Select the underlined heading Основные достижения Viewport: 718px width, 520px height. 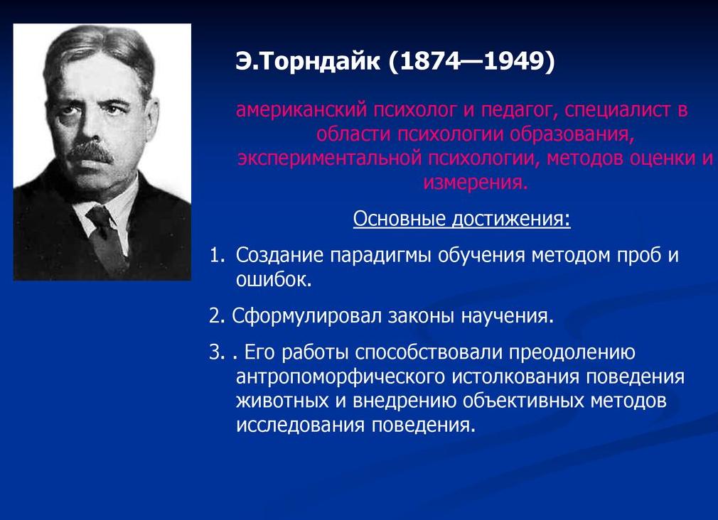(x=461, y=218)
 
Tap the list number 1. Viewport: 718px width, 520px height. (x=215, y=256)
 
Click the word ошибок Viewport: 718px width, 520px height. (x=274, y=280)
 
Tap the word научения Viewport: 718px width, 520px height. (x=506, y=316)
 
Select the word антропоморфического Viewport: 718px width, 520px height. (x=341, y=377)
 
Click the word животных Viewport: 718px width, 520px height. (x=281, y=401)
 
